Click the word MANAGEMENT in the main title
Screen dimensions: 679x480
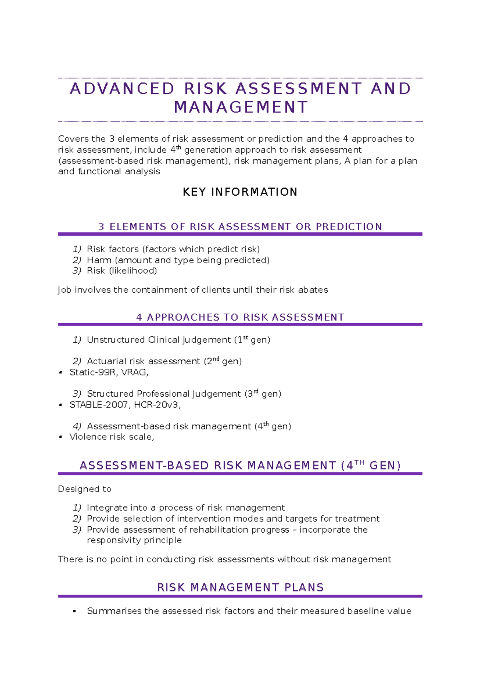tap(241, 107)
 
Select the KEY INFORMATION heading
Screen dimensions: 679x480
tap(240, 192)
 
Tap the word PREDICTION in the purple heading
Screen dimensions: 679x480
tap(349, 227)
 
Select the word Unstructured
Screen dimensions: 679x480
tap(116, 340)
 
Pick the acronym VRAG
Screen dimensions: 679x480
tap(134, 372)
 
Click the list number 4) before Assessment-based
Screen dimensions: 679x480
tap(77, 426)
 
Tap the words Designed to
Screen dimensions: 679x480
tap(84, 489)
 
